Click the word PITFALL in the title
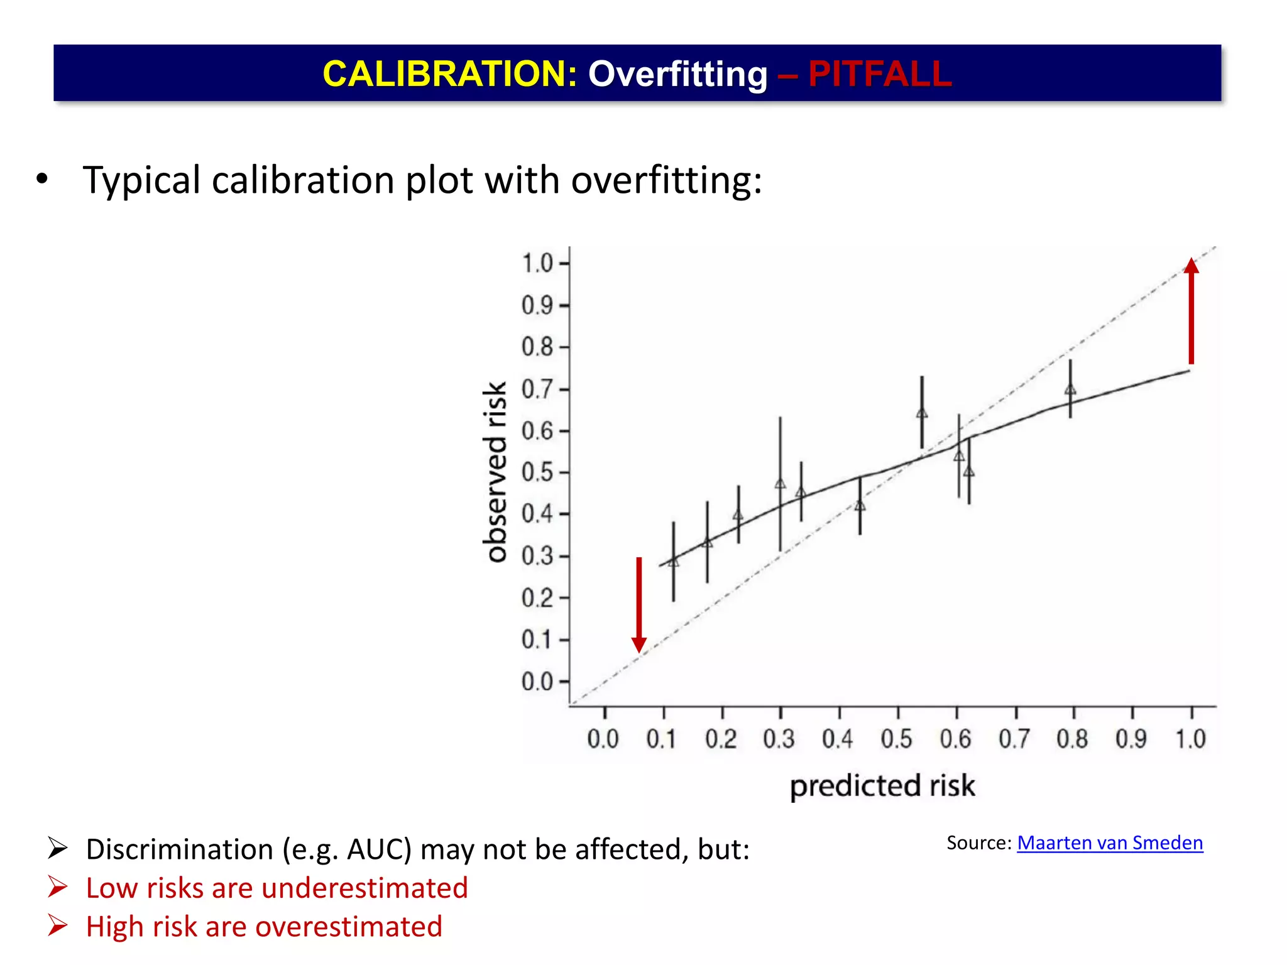880,74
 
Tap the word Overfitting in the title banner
677,74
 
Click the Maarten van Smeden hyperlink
1109,842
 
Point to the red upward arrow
1191,312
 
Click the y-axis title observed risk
496,471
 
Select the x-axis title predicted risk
882,786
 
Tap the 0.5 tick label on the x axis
897,739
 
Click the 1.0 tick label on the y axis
538,263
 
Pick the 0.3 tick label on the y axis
538,556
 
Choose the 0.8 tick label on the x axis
1072,739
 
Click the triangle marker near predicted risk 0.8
1070,390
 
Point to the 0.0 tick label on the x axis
603,739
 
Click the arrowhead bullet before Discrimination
58,849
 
